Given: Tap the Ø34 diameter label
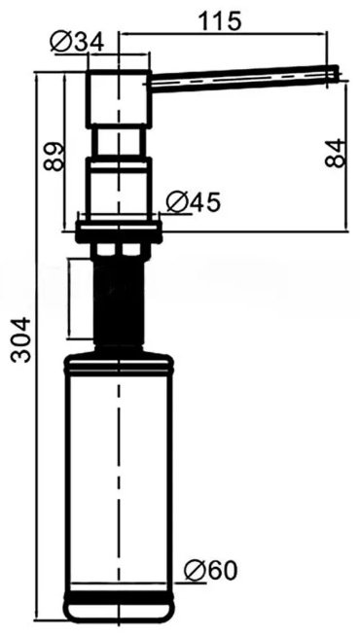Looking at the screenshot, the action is point(77,42).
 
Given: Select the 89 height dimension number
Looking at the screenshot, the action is point(54,157).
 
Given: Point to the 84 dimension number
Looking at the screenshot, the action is point(336,153).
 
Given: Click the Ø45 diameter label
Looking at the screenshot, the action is point(193,202).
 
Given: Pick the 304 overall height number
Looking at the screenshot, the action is point(20,339).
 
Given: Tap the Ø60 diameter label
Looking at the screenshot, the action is point(210,571).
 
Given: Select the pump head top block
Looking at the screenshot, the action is point(119,99).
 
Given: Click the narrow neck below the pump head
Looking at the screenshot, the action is point(117,143).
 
